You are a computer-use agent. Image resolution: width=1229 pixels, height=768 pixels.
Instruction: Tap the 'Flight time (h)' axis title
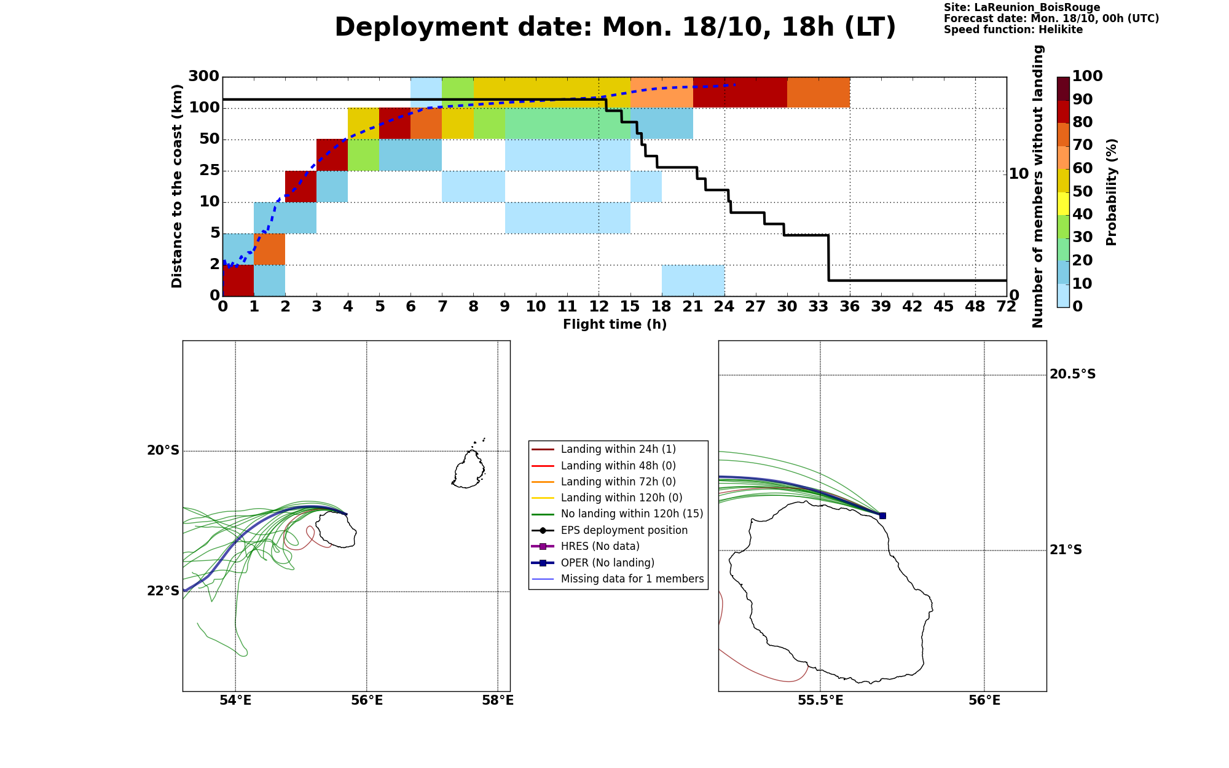(614, 324)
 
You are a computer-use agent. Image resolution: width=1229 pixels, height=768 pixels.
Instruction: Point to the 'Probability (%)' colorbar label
(1112, 192)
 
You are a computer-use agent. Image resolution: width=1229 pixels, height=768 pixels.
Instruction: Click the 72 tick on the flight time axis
(1006, 306)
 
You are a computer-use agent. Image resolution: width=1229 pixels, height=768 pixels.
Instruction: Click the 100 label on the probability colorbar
(1087, 76)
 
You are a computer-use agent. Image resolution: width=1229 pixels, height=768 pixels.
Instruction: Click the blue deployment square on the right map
(882, 515)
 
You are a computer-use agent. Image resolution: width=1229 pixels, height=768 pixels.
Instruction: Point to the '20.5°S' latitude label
(1072, 374)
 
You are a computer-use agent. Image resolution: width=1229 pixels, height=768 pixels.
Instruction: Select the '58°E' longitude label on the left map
(498, 700)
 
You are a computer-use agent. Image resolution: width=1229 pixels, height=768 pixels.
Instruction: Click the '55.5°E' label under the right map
(820, 700)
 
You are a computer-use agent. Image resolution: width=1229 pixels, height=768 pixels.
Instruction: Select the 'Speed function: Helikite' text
(1013, 29)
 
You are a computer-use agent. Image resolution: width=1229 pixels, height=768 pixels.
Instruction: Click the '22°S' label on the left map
(163, 591)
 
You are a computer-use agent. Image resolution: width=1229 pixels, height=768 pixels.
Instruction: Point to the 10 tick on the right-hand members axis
(1019, 173)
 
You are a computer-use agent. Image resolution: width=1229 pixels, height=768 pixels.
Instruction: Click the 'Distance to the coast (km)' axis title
(177, 186)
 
